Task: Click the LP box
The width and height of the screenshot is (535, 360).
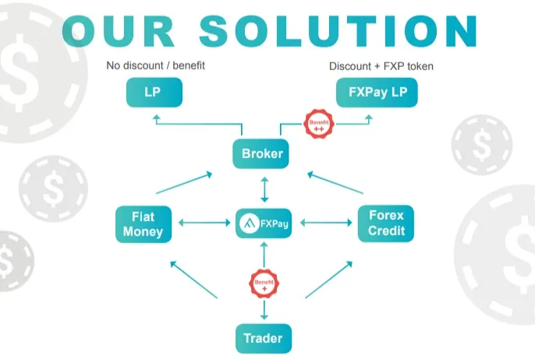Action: click(154, 93)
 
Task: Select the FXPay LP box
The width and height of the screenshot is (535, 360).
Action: click(377, 93)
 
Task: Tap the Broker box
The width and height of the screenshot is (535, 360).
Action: click(260, 154)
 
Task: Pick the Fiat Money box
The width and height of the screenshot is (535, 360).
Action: click(143, 224)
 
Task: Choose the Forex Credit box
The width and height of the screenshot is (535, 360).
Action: click(386, 224)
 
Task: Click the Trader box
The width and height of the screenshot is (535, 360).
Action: click(264, 338)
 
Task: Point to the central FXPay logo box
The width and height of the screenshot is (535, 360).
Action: click(264, 224)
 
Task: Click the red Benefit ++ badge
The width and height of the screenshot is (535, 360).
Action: click(319, 124)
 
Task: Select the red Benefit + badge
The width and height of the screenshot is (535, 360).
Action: click(264, 284)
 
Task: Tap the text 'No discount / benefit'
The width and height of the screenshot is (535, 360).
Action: click(156, 65)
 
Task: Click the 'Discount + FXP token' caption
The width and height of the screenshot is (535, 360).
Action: click(381, 66)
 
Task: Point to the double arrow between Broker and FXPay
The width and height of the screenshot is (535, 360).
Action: click(264, 189)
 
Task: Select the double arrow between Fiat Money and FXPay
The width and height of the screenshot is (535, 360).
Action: click(204, 223)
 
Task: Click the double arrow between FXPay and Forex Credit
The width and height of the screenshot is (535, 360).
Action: click(326, 223)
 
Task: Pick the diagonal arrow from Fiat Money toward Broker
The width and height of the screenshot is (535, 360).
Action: click(184, 183)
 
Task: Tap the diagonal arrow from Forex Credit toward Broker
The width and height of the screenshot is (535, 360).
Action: click(335, 182)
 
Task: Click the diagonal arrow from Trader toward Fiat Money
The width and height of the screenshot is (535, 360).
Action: click(193, 280)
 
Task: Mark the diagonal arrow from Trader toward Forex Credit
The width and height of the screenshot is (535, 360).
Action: click(328, 280)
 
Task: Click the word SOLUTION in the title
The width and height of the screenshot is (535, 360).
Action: click(338, 31)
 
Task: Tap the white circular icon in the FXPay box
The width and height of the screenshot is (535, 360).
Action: click(250, 224)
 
